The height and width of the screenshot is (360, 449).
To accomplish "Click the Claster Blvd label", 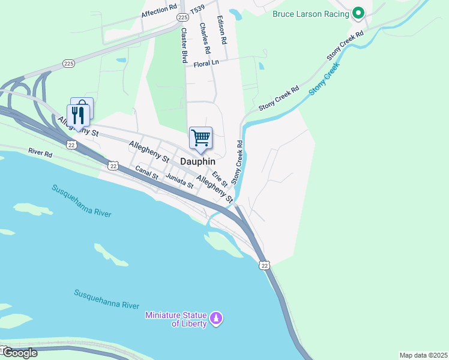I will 184,46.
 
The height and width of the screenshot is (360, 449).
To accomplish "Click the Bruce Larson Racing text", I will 310,13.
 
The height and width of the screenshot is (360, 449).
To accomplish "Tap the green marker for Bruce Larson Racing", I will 358,12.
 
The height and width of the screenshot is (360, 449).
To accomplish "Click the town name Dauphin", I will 197,161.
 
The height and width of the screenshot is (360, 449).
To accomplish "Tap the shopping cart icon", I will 200,137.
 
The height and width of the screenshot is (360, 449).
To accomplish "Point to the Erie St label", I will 220,178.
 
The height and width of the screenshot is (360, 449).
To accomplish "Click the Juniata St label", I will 180,181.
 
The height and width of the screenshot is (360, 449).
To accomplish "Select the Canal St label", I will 146,173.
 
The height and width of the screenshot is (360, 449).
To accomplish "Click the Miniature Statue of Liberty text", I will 176,319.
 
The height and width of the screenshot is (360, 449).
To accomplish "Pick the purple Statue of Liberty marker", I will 217,317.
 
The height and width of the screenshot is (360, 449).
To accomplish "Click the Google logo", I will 19,353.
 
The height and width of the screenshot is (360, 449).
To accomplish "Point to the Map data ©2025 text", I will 423,355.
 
